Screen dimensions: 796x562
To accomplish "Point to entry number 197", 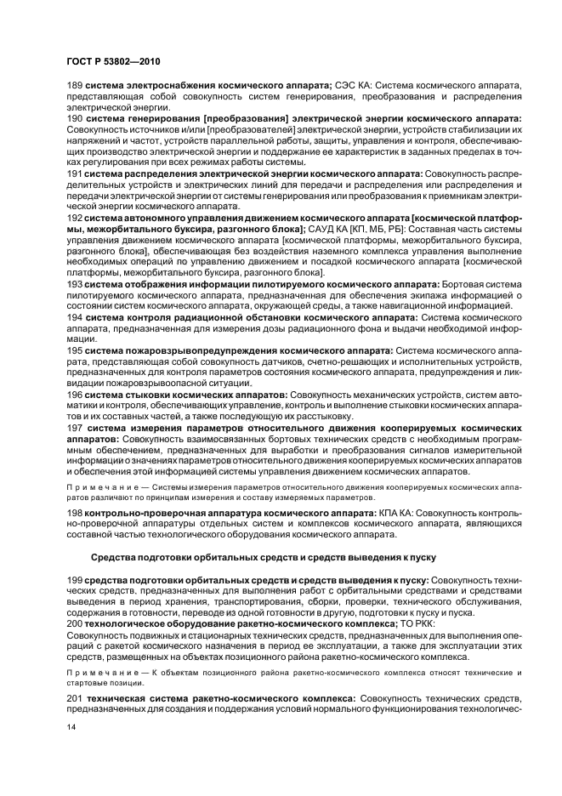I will (x=75, y=428).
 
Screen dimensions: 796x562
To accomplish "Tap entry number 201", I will (x=75, y=698).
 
